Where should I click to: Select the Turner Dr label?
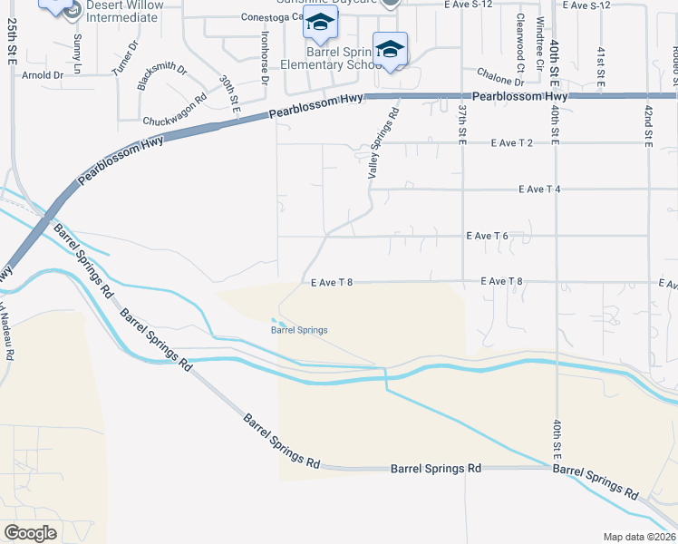click(x=124, y=57)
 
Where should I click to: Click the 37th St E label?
click(x=462, y=121)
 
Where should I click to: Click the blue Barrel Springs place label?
click(x=299, y=330)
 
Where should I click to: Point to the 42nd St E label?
click(x=648, y=123)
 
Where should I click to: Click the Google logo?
click(x=31, y=532)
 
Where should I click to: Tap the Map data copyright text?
click(x=640, y=537)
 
